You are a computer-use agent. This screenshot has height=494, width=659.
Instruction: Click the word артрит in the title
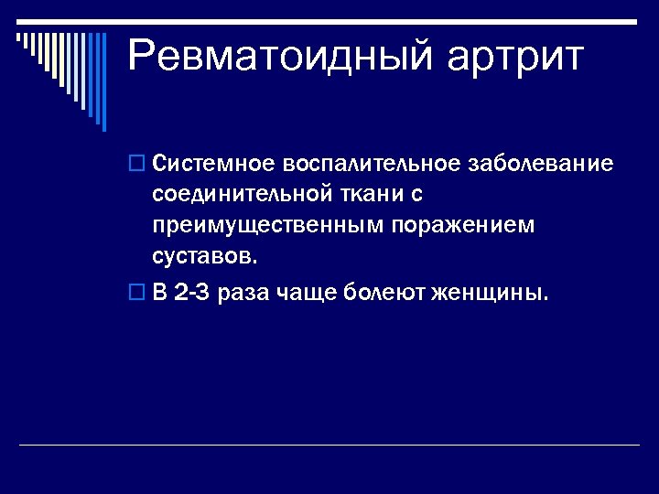[x=515, y=57]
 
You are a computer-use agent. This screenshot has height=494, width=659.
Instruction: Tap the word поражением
[x=462, y=224]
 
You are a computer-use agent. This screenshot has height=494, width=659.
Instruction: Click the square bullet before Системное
[x=137, y=165]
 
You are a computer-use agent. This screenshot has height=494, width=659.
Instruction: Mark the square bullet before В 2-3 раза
[x=137, y=294]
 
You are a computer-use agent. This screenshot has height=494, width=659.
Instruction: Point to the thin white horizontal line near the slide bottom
[x=329, y=446]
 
